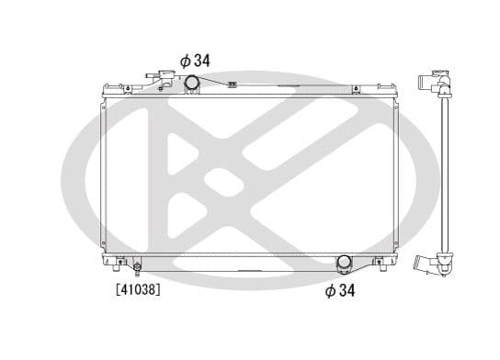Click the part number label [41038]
(x=138, y=289)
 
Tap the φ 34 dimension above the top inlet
(x=195, y=61)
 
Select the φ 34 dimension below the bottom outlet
(x=340, y=290)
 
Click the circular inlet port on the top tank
(x=192, y=82)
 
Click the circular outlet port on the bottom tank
(x=344, y=263)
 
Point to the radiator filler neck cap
(x=166, y=75)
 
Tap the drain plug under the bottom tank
(x=138, y=268)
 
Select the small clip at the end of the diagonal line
(x=233, y=84)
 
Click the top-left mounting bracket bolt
(x=128, y=89)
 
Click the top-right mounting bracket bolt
(x=357, y=89)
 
